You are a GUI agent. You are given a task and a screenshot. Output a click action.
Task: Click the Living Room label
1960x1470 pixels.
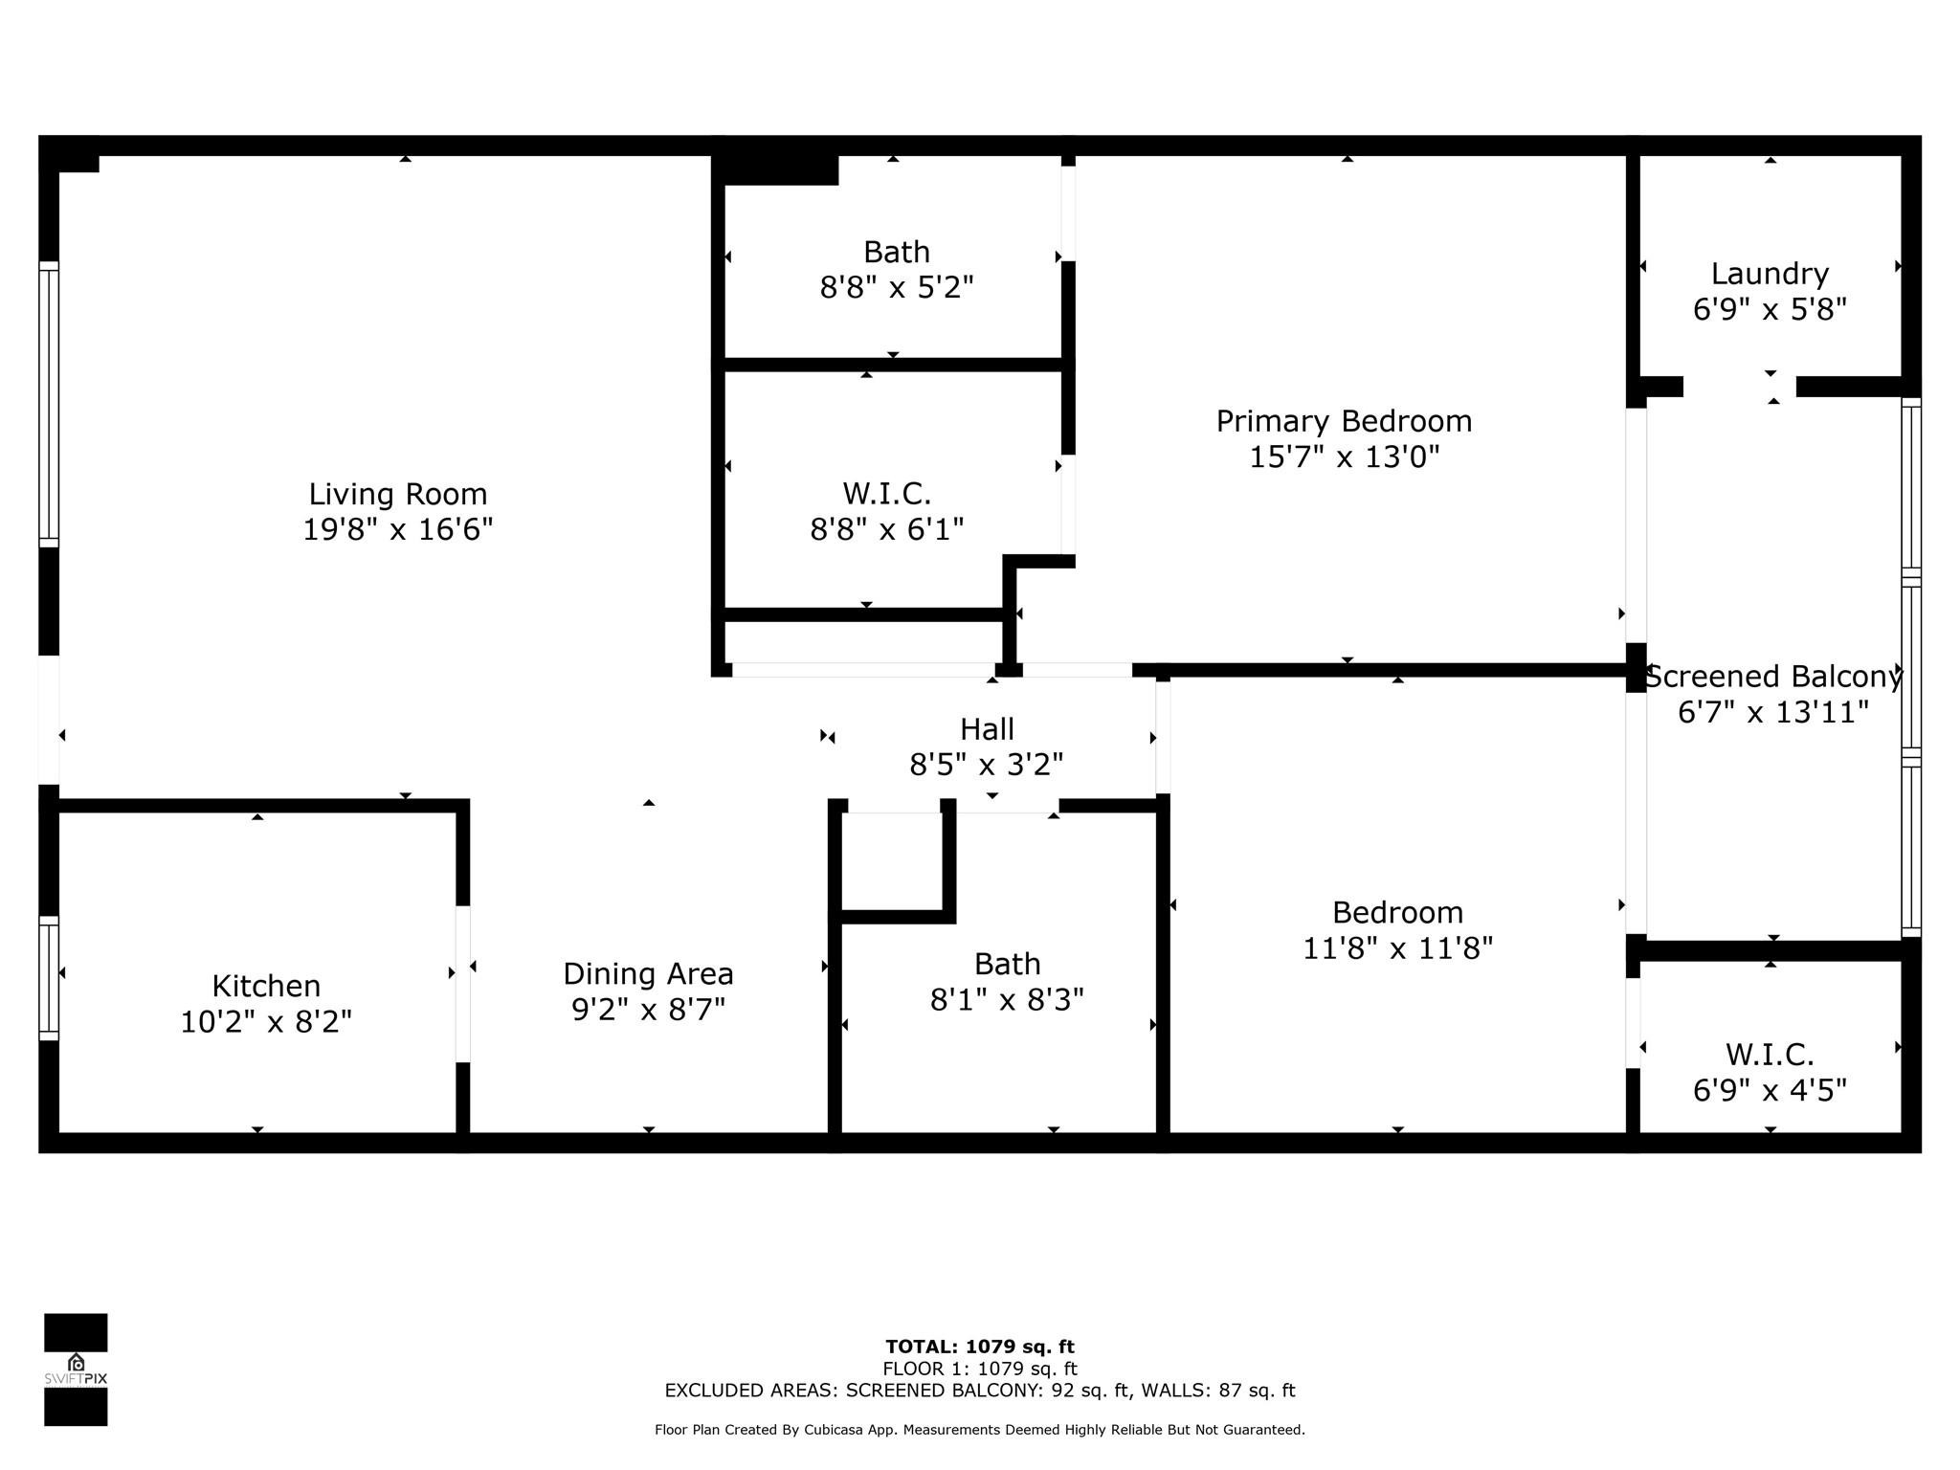tap(397, 494)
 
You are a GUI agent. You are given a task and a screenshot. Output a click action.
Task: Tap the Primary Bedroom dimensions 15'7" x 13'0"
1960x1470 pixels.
tap(1344, 457)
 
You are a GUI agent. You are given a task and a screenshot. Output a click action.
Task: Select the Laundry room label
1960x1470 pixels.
tap(1769, 274)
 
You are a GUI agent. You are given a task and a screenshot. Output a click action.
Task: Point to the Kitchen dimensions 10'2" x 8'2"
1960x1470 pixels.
tap(266, 1022)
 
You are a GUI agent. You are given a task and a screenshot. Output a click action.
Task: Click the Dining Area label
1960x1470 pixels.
tap(648, 973)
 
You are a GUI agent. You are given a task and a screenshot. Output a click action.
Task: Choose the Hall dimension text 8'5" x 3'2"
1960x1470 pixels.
tap(986, 765)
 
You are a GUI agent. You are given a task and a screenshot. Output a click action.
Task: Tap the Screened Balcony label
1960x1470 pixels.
tap(1772, 677)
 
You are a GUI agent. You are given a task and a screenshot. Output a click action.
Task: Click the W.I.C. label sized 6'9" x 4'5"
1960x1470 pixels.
tap(1769, 1055)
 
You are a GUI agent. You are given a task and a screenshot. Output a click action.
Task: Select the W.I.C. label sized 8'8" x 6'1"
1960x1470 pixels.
tap(886, 494)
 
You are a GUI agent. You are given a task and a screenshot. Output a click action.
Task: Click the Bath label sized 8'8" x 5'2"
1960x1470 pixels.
tap(896, 252)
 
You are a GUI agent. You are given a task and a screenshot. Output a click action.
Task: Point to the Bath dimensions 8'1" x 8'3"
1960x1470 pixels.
tap(1007, 1000)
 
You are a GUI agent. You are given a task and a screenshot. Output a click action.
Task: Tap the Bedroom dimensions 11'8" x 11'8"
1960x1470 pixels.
tap(1397, 948)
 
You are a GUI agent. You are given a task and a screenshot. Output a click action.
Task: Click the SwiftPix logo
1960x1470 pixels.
tap(76, 1369)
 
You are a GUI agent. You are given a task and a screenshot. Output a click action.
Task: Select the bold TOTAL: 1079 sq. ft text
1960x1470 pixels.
tap(979, 1347)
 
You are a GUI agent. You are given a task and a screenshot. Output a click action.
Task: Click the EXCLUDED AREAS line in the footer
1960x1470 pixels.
tap(979, 1391)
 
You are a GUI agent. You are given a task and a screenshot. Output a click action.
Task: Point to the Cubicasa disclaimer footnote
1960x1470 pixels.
tap(979, 1430)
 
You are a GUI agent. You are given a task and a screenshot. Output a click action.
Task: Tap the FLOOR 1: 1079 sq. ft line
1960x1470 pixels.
tap(979, 1369)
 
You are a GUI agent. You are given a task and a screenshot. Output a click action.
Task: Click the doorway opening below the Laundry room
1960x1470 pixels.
tap(1739, 387)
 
